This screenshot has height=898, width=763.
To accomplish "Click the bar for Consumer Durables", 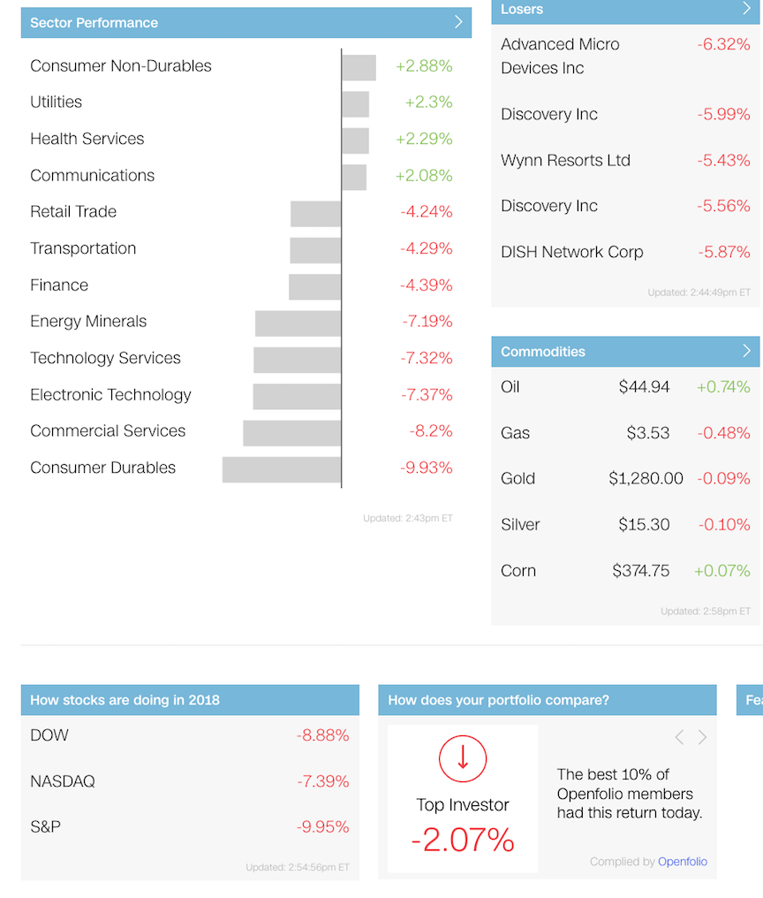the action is click(282, 469).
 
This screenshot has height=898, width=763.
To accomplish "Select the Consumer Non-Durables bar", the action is click(359, 67).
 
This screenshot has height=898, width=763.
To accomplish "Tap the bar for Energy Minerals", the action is click(298, 323).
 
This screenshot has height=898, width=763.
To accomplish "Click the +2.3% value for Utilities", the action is click(428, 102).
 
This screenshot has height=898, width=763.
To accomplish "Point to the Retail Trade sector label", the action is click(73, 212).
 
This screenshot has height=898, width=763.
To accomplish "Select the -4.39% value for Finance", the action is click(427, 285).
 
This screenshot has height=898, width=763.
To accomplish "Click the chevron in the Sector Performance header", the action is click(458, 22).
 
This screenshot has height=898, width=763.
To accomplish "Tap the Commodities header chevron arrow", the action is click(746, 351).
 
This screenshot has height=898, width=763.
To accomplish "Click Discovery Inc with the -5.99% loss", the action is click(549, 115).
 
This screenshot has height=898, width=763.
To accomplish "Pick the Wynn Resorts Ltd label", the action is click(565, 160).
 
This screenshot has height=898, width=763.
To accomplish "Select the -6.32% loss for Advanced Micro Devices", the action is click(723, 44).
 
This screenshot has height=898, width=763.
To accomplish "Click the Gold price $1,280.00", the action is click(646, 478).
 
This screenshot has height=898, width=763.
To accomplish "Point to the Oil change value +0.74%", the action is click(723, 387).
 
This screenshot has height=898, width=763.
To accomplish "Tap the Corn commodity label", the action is click(518, 571).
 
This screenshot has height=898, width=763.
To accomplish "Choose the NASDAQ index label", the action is click(63, 781).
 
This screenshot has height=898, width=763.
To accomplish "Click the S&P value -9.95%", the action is click(323, 827).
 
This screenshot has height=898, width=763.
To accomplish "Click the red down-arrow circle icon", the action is click(463, 759).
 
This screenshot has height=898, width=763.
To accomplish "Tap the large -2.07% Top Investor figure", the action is click(463, 841).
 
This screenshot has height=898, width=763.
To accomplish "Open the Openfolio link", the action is click(683, 862).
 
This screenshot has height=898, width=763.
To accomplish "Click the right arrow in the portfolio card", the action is click(702, 737).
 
